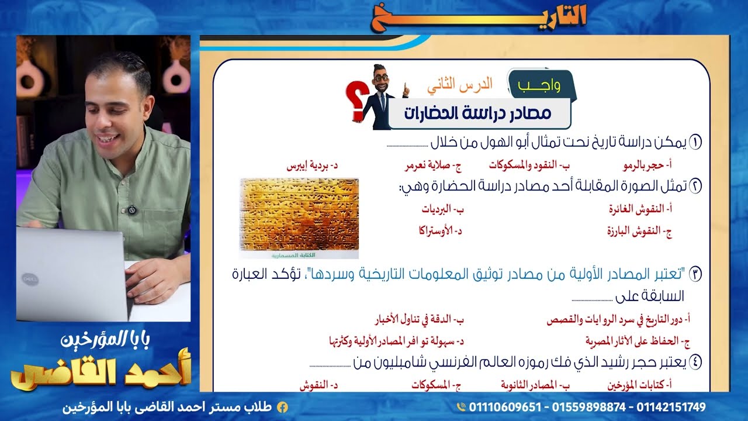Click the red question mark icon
[355, 103]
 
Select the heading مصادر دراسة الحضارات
[477, 113]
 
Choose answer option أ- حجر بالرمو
[643, 165]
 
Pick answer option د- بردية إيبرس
[312, 165]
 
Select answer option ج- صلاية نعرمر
[433, 165]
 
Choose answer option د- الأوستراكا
[439, 230]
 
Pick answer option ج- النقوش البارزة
[639, 230]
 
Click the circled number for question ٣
[695, 273]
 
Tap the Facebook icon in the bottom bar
[282, 407]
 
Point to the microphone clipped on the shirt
[132, 209]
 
